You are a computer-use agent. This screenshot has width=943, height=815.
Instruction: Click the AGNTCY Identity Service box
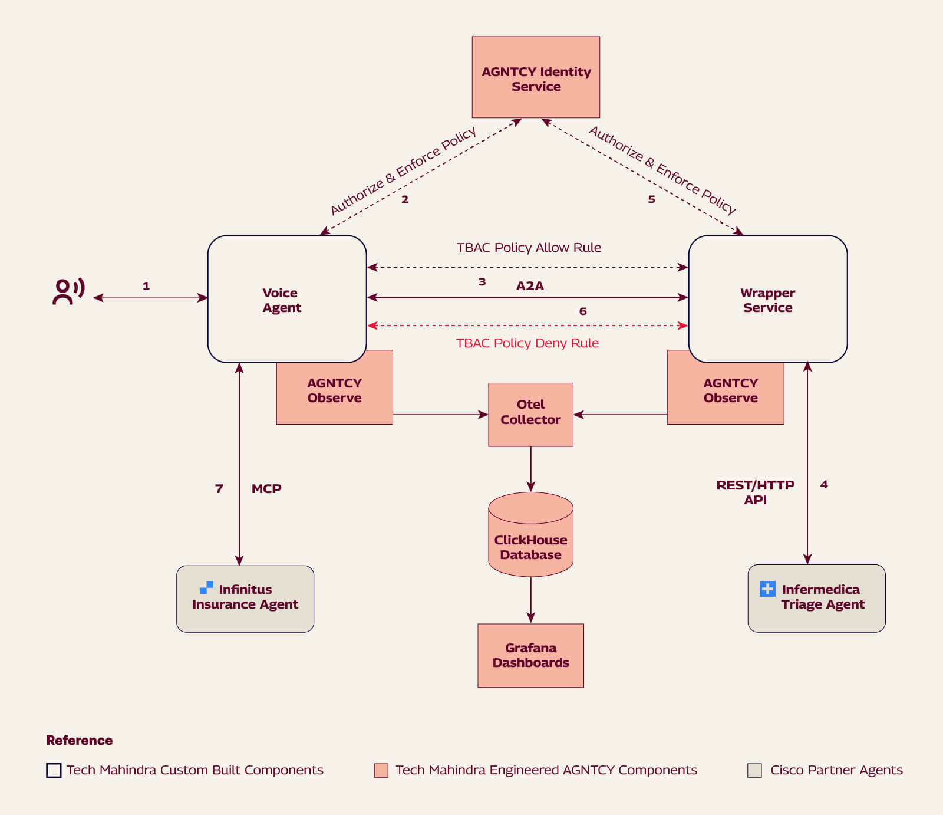536,77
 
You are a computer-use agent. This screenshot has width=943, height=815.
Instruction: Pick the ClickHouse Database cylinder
530,537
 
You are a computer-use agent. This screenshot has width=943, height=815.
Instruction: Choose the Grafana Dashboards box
530,655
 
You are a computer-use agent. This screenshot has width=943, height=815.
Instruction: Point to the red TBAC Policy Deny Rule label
527,343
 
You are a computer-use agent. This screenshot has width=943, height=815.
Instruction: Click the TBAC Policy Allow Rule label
529,248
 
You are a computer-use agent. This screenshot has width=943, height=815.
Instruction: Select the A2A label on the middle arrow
530,286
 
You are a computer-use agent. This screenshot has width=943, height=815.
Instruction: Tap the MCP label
266,488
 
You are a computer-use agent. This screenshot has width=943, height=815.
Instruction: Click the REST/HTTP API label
755,492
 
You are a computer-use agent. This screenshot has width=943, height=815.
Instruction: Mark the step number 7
219,488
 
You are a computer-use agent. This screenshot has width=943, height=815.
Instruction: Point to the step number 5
651,199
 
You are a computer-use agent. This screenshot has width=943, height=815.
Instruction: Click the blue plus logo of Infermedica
767,589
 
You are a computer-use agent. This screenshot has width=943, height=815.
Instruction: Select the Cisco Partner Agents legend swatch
754,770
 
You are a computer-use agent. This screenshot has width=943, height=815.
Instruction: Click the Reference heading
79,740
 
